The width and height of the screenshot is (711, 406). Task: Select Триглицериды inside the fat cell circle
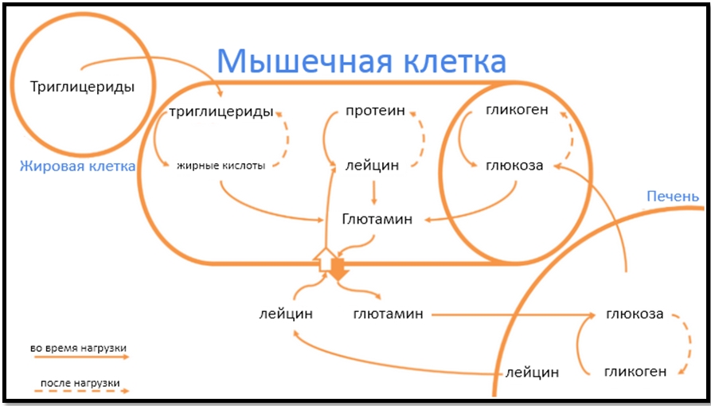coord(83,88)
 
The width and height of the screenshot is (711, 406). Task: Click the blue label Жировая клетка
coord(77,166)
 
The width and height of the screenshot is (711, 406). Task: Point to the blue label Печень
coord(673,197)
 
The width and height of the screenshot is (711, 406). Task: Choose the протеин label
coord(376,112)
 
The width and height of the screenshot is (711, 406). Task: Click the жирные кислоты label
coord(221,166)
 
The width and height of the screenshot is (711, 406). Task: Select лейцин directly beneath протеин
coord(373,166)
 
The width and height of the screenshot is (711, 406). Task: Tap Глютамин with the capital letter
coord(377,220)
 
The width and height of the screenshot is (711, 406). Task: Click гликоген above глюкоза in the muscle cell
coord(517,110)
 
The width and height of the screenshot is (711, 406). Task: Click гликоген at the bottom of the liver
coord(635,372)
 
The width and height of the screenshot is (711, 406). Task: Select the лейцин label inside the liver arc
coord(533,373)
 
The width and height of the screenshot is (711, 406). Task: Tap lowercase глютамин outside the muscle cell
coord(389,314)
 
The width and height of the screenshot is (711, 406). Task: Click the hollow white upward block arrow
coord(325,260)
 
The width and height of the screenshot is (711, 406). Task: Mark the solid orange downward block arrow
coord(338,270)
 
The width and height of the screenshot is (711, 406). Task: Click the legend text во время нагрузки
coord(78,349)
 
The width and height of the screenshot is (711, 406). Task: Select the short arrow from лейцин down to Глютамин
coord(374,193)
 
